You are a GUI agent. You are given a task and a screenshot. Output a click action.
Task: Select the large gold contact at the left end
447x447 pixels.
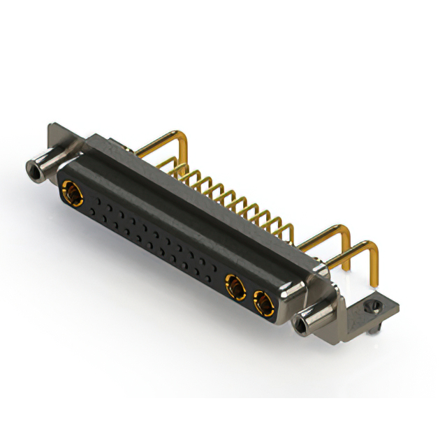pyautogui.click(x=71, y=189)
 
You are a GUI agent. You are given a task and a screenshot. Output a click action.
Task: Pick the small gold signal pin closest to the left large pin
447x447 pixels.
pyautogui.click(x=175, y=168)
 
